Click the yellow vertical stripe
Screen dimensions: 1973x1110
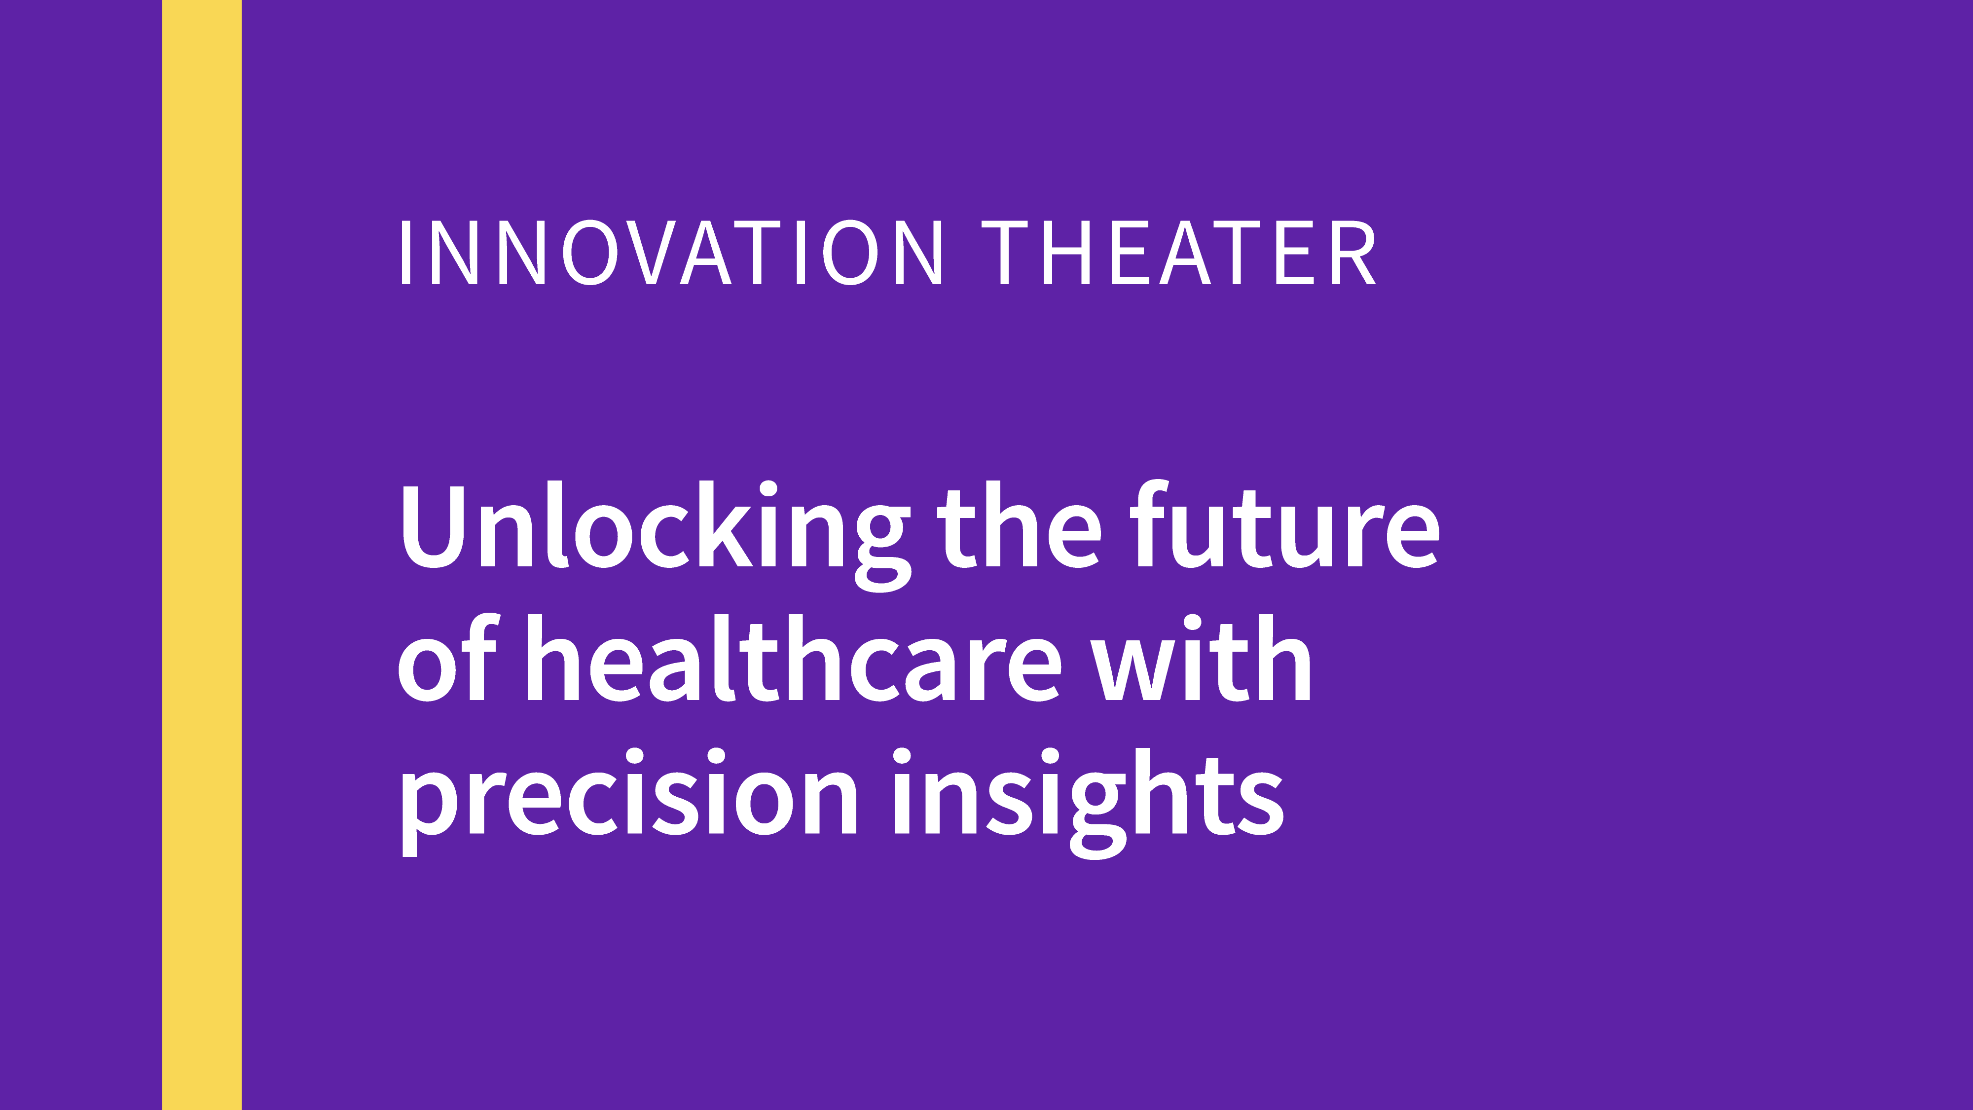[x=201, y=555]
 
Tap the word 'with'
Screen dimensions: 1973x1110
[x=1201, y=658]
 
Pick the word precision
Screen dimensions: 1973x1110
[x=628, y=801]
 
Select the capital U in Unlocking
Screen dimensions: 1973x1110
[x=432, y=526]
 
